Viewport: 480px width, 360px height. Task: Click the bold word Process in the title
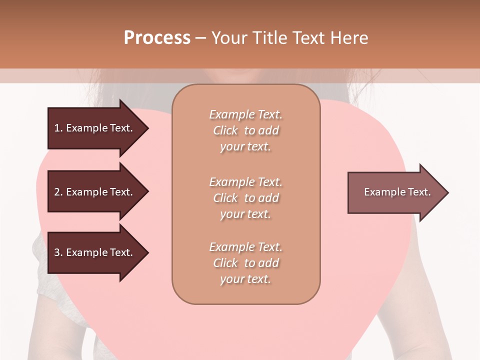[x=157, y=38]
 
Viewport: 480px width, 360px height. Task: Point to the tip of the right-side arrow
[x=447, y=192]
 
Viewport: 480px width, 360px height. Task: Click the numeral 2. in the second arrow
[x=58, y=192]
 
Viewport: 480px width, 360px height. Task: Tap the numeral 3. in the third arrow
[x=58, y=252]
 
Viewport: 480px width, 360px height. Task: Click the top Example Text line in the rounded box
[x=245, y=114]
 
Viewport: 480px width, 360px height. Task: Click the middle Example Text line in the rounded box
[x=245, y=182]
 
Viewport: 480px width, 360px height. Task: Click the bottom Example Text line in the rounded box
[x=245, y=247]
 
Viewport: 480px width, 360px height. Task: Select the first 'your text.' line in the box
[x=245, y=147]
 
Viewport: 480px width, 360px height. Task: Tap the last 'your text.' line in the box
[x=245, y=279]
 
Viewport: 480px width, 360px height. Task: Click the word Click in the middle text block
[x=225, y=198]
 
